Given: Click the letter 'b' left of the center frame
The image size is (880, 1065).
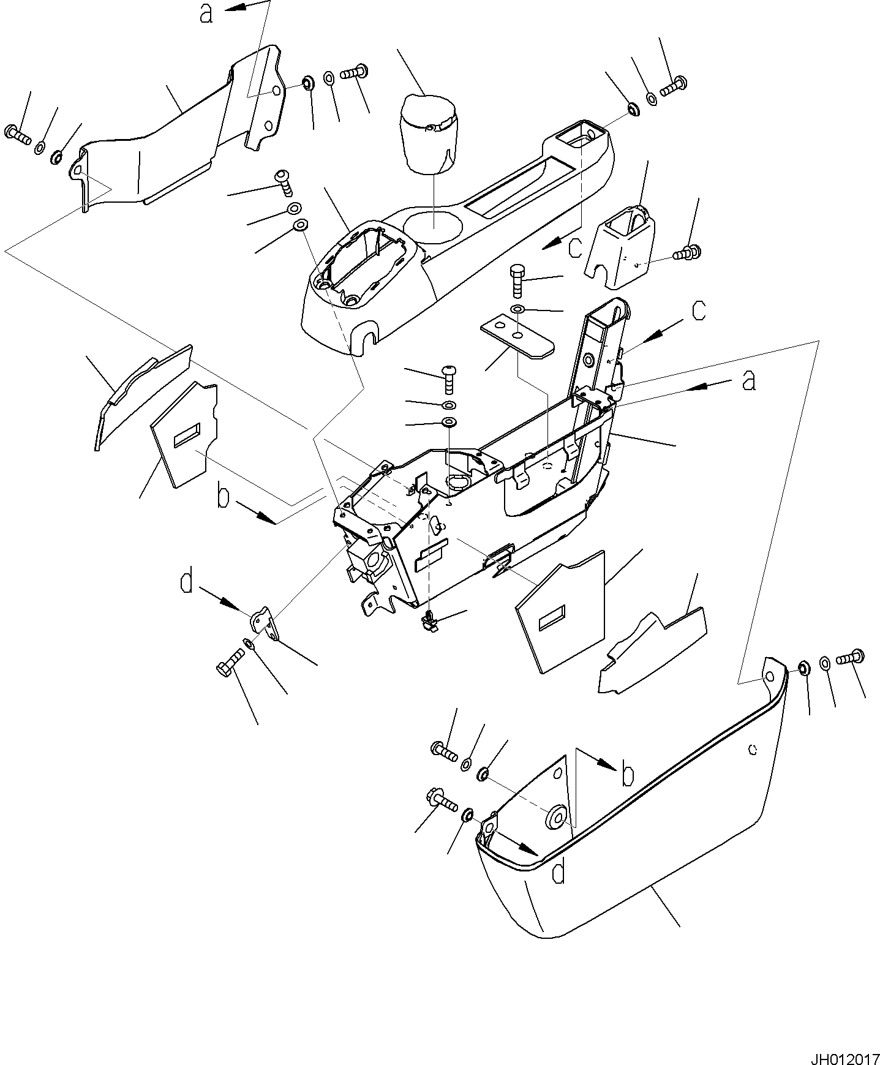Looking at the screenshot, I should click(x=224, y=497).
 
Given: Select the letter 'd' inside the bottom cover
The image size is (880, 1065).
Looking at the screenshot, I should click(x=558, y=873).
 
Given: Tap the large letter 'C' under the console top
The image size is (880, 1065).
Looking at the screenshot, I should click(x=575, y=247).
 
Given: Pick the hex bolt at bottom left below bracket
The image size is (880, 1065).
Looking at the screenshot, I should click(x=229, y=662).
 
